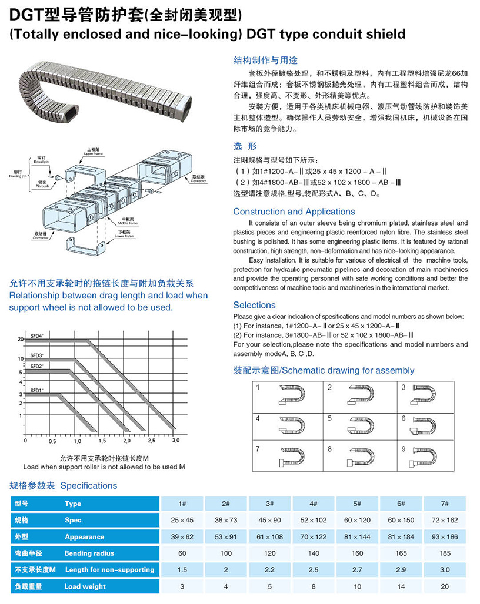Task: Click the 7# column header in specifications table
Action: (445, 504)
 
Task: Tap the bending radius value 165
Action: (401, 553)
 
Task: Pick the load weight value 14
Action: (401, 586)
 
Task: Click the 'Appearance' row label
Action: (84, 536)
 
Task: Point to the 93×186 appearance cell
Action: (445, 536)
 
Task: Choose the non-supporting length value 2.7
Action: (357, 569)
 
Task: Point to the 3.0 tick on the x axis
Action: (175, 440)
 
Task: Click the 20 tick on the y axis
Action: (20, 340)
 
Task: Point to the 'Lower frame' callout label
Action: (124, 235)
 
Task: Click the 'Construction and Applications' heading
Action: (294, 212)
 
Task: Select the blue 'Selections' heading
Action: (254, 305)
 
